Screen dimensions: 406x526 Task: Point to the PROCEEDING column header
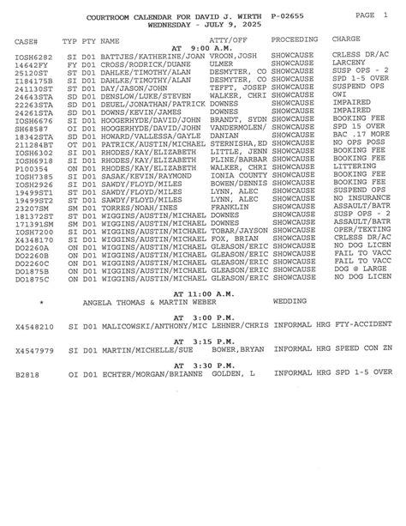point(295,40)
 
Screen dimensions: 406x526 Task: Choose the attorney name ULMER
point(219,63)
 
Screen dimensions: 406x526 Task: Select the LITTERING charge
point(351,170)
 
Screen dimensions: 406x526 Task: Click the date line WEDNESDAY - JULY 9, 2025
point(203,26)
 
